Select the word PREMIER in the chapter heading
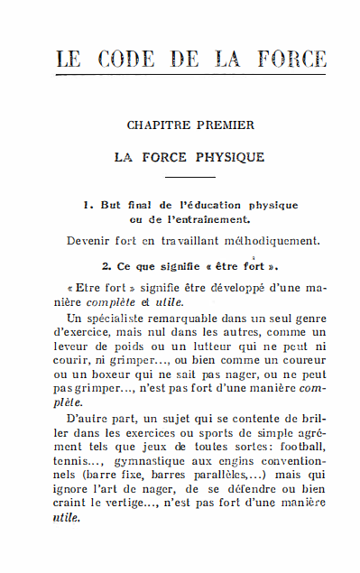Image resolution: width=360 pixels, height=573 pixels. coord(225,125)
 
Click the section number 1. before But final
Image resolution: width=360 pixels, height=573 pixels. coord(88,205)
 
